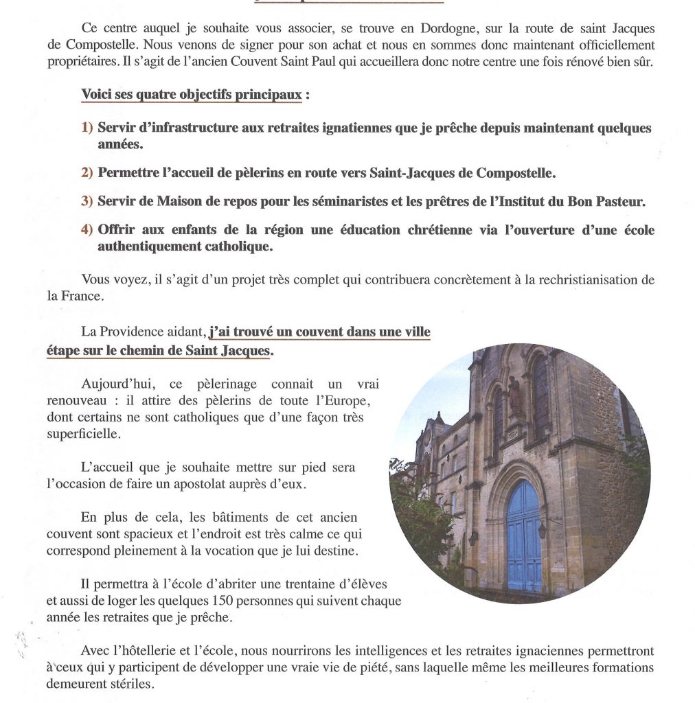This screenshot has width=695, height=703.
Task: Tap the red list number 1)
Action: [87, 128]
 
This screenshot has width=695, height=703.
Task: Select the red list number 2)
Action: [87, 172]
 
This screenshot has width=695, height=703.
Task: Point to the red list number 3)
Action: [87, 202]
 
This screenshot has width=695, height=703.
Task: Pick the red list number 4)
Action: [87, 230]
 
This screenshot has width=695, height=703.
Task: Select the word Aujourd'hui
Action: [117, 384]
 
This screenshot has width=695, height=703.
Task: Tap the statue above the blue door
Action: [514, 394]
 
